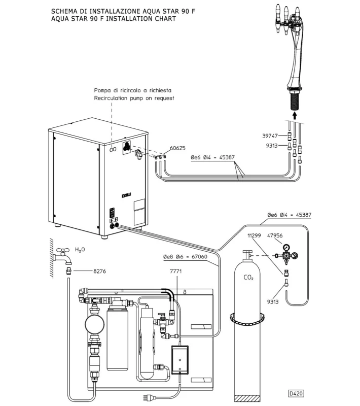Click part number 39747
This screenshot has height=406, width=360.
pyautogui.click(x=270, y=136)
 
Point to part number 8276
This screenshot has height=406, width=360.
pyautogui.click(x=100, y=272)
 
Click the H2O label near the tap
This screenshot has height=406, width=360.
pyautogui.click(x=80, y=250)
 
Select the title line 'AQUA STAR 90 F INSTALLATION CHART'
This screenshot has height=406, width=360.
pyautogui.click(x=114, y=19)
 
